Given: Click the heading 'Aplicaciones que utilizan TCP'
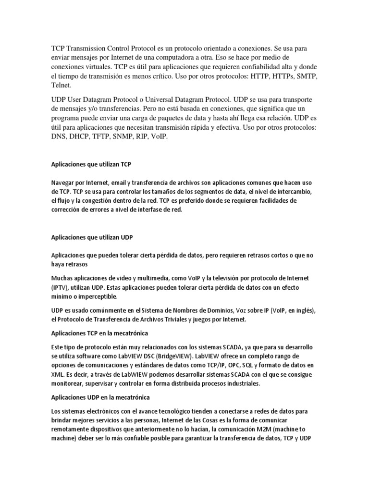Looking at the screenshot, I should tap(91, 164).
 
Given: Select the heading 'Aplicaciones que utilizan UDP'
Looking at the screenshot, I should tap(92, 237).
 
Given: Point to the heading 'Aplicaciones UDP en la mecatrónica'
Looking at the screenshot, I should tap(100, 397).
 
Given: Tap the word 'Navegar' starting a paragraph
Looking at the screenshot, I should tap(65, 183).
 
